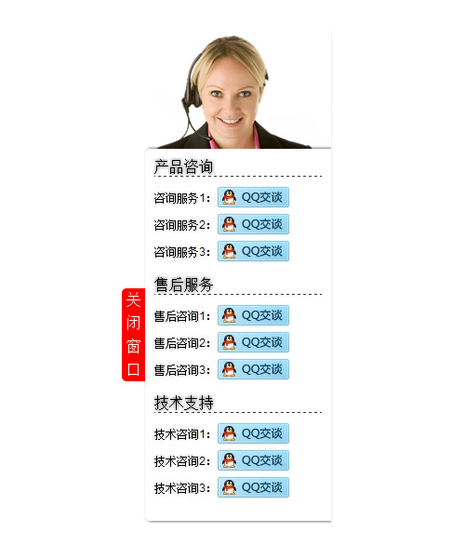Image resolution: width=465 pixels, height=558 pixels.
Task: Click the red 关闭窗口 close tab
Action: pos(133,335)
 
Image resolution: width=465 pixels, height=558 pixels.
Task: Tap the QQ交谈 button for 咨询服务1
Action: pos(253,197)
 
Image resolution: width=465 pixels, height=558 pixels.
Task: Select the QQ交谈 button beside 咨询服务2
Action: pos(253,224)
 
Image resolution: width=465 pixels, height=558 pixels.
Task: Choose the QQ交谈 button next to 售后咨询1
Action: pos(253,315)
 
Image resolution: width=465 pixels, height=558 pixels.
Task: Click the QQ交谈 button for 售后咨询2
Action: pos(253,342)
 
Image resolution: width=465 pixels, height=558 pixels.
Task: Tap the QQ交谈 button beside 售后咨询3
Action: pos(253,369)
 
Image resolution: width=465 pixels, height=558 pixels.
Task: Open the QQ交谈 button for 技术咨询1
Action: pos(253,433)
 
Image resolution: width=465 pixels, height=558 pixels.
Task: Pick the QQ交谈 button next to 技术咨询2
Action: pos(253,460)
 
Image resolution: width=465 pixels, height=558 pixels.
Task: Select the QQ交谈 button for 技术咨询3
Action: pos(253,487)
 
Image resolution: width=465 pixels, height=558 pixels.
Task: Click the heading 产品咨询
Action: pos(183,166)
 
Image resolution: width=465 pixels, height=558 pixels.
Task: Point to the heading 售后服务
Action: pos(183,285)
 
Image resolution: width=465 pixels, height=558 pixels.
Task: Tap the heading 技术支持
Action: pos(183,403)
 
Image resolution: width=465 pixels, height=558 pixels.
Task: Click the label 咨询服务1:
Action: pos(181,198)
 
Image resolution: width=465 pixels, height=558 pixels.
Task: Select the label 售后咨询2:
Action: pos(181,343)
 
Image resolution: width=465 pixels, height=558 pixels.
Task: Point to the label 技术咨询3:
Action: pos(181,488)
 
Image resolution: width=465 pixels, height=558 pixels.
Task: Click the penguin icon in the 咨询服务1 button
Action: pos(229,197)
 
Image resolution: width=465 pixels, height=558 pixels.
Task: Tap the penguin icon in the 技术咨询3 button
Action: pos(229,487)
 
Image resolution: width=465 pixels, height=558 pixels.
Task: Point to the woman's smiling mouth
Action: pos(230,121)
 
